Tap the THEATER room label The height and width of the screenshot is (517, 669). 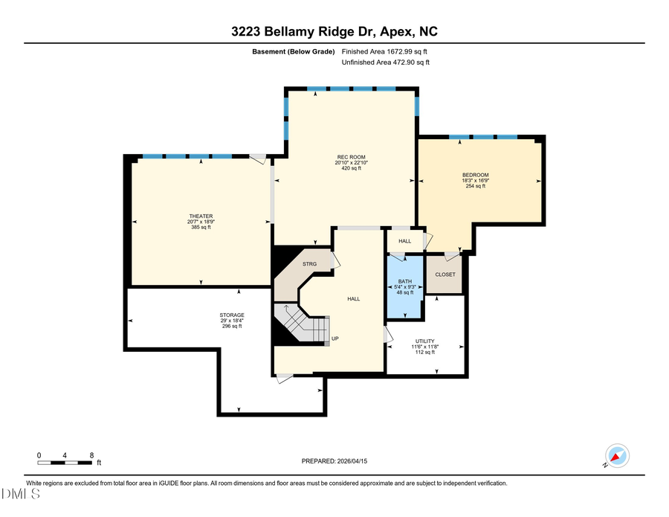pos(201,216)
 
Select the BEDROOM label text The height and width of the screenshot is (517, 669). pos(475,175)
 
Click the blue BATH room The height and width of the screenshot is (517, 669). pos(405,286)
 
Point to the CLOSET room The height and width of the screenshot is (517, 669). pos(445,274)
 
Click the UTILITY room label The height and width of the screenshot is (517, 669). pos(424,341)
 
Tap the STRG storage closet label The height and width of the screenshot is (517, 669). pos(309,264)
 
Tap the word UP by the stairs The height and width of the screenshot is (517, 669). pos(335,339)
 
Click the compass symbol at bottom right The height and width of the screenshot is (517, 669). pos(617,455)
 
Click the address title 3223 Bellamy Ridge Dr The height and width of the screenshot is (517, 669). pos(334,31)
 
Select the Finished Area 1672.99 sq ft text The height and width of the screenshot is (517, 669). pos(384,52)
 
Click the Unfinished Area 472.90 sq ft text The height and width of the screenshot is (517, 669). pos(385,62)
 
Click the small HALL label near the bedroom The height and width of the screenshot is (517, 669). pos(404,241)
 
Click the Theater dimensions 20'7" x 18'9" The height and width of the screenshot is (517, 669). pos(201,222)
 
